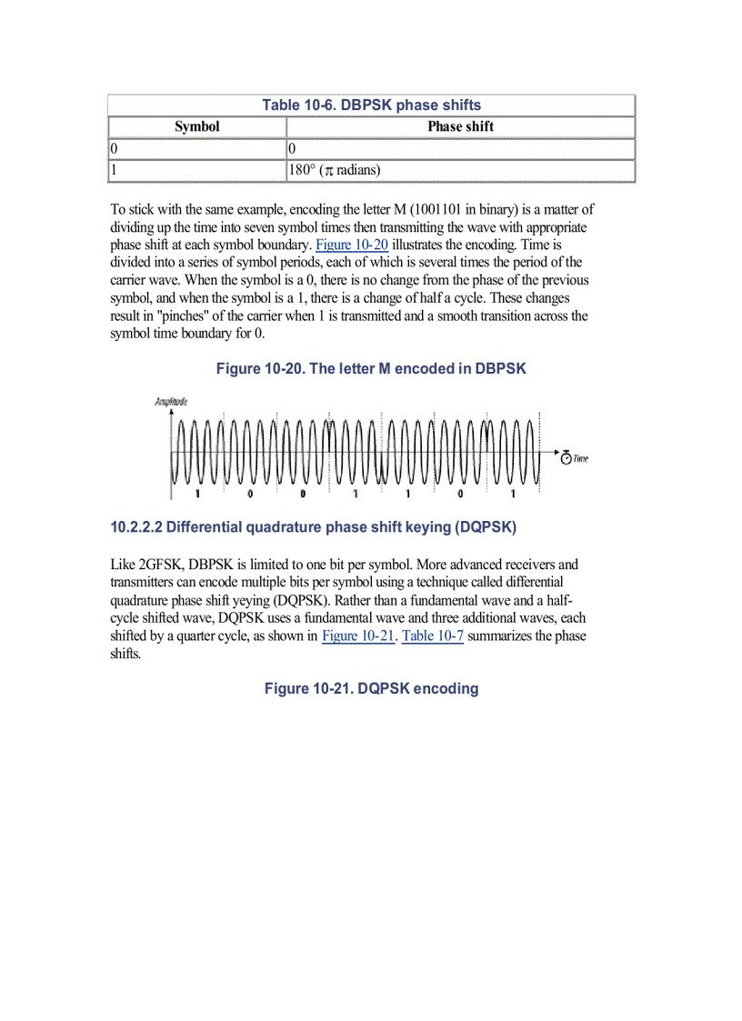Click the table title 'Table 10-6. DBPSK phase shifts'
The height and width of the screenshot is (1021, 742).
tap(371, 105)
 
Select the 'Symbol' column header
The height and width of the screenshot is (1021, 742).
tap(197, 127)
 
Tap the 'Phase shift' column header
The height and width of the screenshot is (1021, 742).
tap(460, 127)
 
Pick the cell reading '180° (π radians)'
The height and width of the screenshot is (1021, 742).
tap(334, 170)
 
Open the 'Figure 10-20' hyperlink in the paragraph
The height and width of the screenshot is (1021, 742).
tap(352, 245)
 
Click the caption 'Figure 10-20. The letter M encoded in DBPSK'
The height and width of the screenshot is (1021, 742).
tap(371, 369)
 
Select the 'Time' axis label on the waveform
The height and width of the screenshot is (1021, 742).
tap(581, 459)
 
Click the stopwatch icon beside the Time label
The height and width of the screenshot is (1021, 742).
tap(566, 458)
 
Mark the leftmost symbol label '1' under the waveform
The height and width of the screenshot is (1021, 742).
tap(196, 494)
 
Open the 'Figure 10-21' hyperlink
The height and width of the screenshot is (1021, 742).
tap(358, 636)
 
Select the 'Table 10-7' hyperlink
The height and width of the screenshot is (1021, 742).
tap(433, 636)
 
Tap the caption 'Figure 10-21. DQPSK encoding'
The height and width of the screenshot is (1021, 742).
tap(371, 689)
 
